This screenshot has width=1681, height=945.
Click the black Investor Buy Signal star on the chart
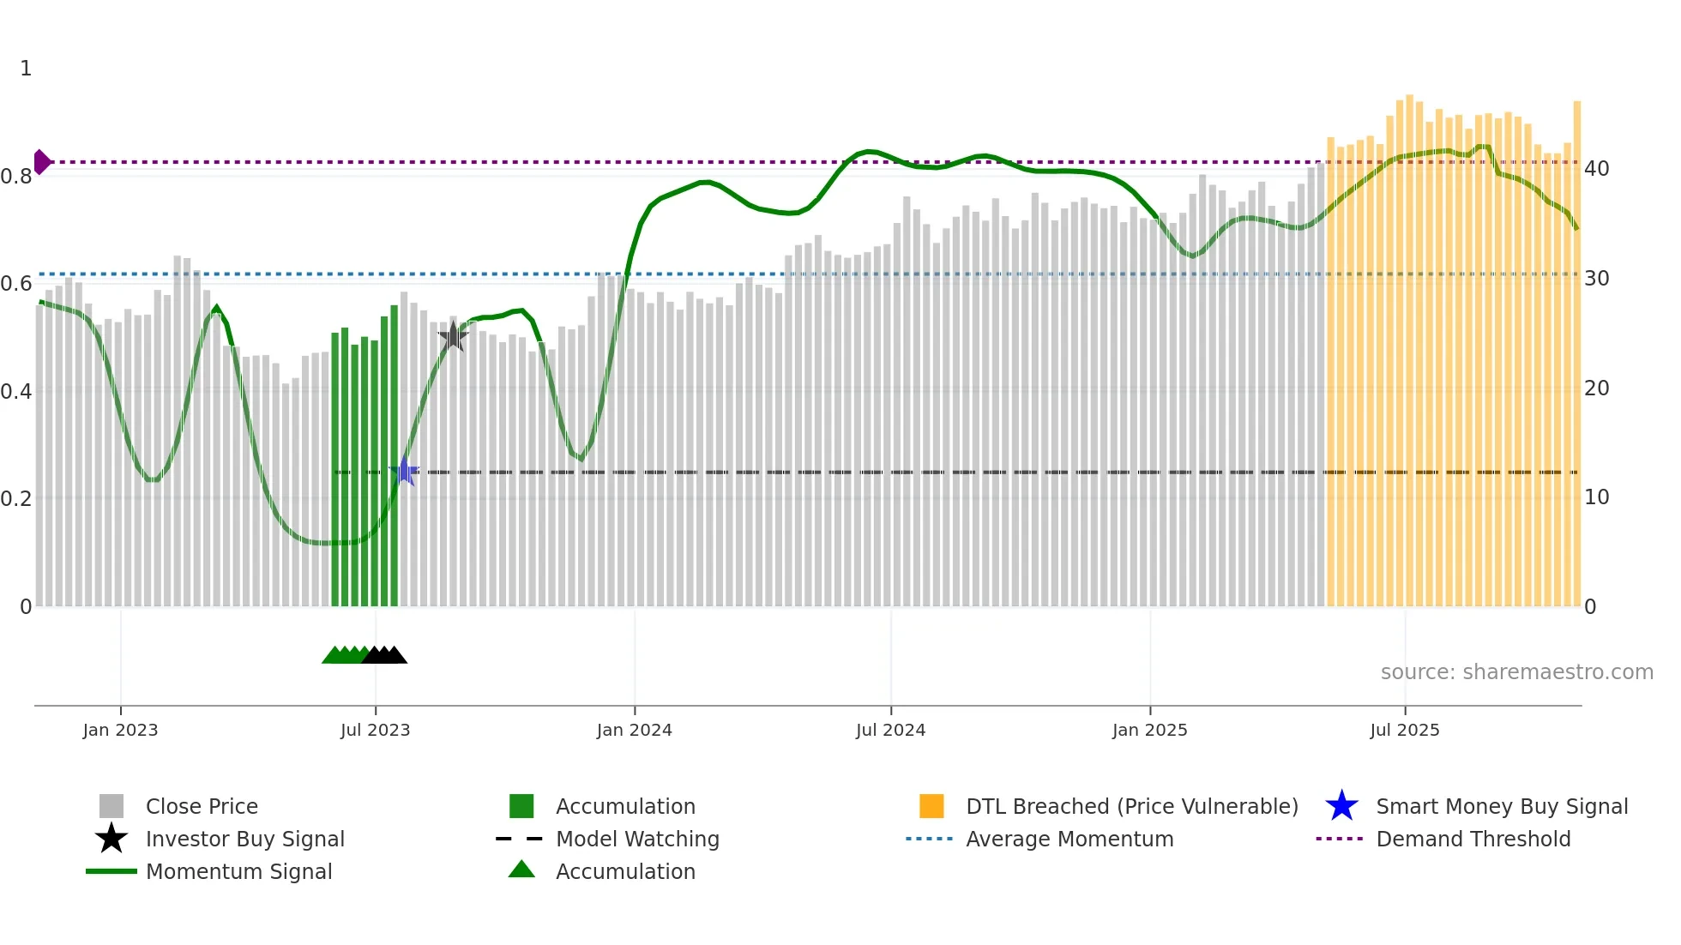pos(453,337)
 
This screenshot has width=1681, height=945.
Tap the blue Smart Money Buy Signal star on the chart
pos(404,472)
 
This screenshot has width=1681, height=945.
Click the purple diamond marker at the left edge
pos(41,161)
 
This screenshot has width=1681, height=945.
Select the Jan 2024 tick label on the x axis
pos(634,730)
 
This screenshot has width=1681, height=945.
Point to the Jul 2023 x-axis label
pos(375,730)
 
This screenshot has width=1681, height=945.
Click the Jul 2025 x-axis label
pos(1404,730)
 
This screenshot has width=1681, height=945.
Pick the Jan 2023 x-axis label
pos(120,730)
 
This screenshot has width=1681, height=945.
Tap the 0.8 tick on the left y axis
pos(16,177)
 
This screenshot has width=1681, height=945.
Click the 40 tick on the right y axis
pos(1596,169)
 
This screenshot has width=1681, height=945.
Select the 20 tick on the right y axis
pos(1596,388)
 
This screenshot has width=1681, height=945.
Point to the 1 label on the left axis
pos(26,69)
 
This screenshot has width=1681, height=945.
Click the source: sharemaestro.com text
pos(1516,672)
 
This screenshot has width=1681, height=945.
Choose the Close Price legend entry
pos(202,806)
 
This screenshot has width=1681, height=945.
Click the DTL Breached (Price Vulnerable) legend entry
pos(1131,806)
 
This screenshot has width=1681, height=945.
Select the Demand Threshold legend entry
pos(1473,839)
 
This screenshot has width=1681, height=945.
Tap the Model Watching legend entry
pos(636,839)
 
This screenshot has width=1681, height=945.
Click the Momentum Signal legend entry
pos(238,871)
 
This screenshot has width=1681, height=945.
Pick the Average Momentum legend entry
pos(1069,839)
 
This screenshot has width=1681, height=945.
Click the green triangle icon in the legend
pos(521,870)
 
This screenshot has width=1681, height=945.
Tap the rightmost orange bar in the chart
pos(1576,360)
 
